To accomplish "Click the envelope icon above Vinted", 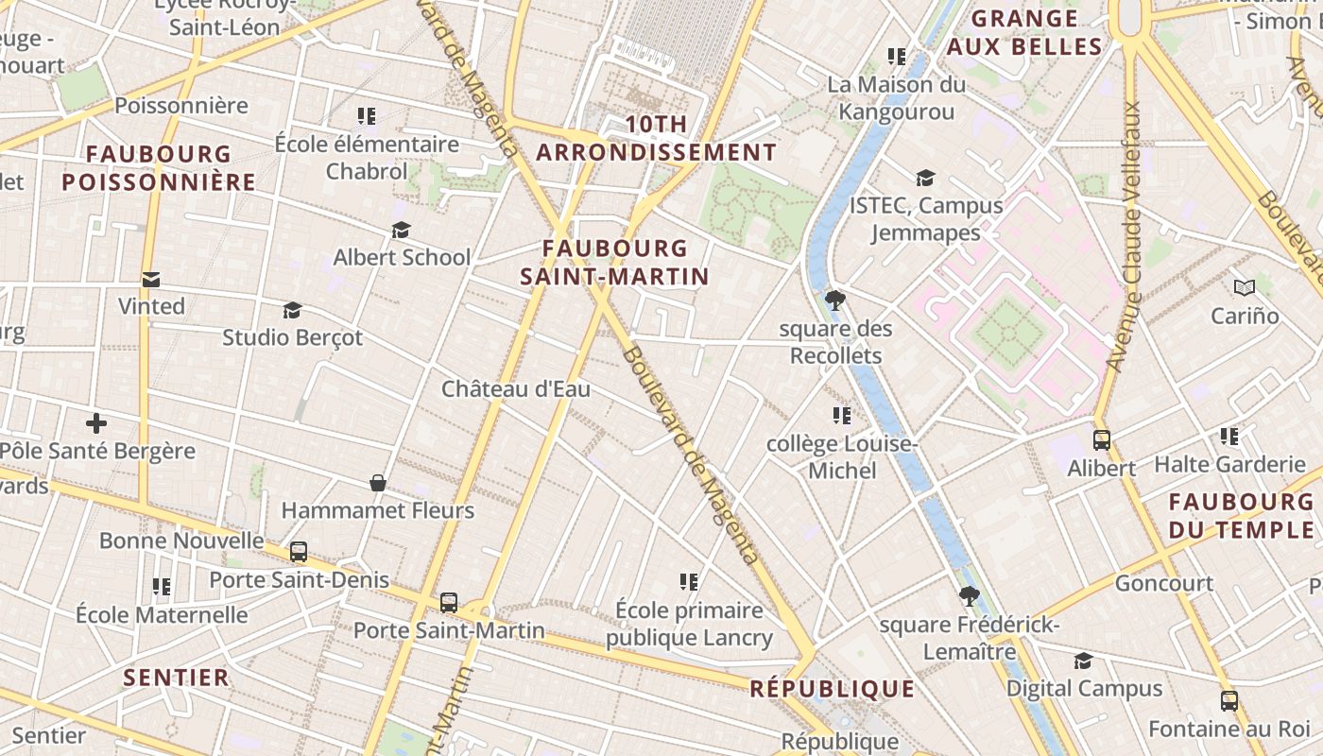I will tap(151, 280).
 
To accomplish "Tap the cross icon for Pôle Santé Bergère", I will tap(95, 423).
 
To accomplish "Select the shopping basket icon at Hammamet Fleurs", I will tap(378, 483).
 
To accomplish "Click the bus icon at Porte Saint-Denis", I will tap(299, 552).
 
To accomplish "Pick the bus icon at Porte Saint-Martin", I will tap(449, 602).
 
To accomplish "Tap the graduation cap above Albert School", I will tap(402, 231).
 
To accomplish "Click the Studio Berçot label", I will tap(292, 337).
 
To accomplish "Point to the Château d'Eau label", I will tap(516, 388).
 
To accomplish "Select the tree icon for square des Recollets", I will tap(834, 301).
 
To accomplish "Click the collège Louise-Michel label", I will tap(841, 457).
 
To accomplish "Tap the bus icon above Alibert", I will tap(1102, 440).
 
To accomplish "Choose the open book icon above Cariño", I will tap(1245, 287).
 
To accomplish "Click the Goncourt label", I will tap(1164, 583).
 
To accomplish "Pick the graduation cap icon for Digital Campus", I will tap(1083, 661).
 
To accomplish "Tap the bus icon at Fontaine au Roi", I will tap(1229, 701).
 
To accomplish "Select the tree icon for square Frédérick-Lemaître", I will tap(969, 596).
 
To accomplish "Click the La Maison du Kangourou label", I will tap(897, 98).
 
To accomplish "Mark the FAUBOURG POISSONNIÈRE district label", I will tap(159, 167).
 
